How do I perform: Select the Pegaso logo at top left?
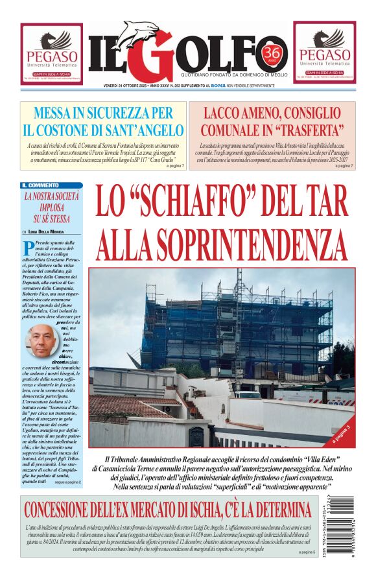point(51,52)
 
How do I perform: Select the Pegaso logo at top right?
point(324,52)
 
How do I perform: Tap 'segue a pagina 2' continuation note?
point(67,482)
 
